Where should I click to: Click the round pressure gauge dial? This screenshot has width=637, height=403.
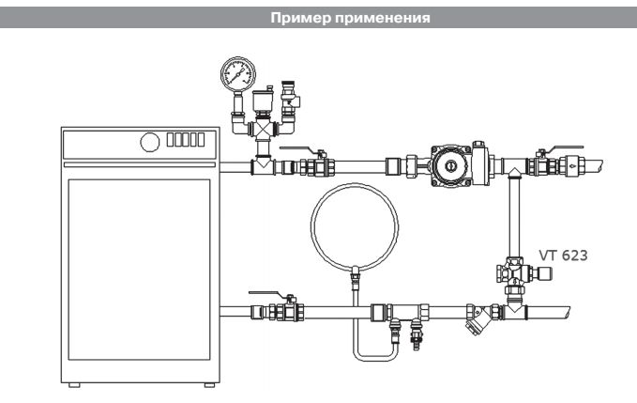point(228,73)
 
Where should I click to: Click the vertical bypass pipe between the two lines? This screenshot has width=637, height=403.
point(514,211)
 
